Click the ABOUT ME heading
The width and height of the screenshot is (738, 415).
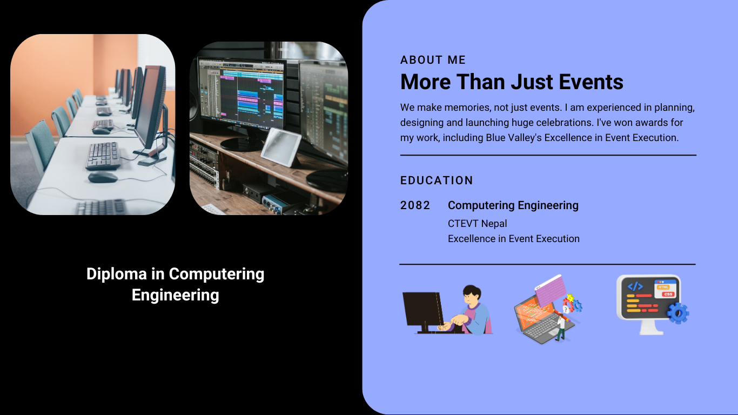pyautogui.click(x=433, y=60)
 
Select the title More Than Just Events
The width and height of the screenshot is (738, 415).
pyautogui.click(x=512, y=82)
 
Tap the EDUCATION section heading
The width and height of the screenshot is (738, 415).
pyautogui.click(x=437, y=180)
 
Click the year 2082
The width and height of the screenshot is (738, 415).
pyautogui.click(x=415, y=205)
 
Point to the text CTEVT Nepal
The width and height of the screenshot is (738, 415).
pyautogui.click(x=478, y=224)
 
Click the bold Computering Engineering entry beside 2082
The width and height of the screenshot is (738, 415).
pyautogui.click(x=513, y=205)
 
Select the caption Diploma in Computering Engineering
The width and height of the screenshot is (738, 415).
pyautogui.click(x=175, y=284)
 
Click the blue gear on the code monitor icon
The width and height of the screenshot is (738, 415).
pyautogui.click(x=677, y=313)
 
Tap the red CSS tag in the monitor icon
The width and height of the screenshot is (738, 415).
pyautogui.click(x=668, y=294)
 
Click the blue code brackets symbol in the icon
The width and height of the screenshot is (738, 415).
pyautogui.click(x=635, y=286)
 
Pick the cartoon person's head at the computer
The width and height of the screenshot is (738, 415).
pyautogui.click(x=472, y=295)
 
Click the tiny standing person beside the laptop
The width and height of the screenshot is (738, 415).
pyautogui.click(x=560, y=327)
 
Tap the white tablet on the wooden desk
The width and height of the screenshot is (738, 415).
pyautogui.click(x=281, y=146)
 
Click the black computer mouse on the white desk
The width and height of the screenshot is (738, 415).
pyautogui.click(x=103, y=177)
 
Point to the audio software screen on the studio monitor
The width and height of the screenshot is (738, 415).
pyautogui.click(x=241, y=93)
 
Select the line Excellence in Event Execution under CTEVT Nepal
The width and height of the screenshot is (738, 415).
pyautogui.click(x=514, y=239)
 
